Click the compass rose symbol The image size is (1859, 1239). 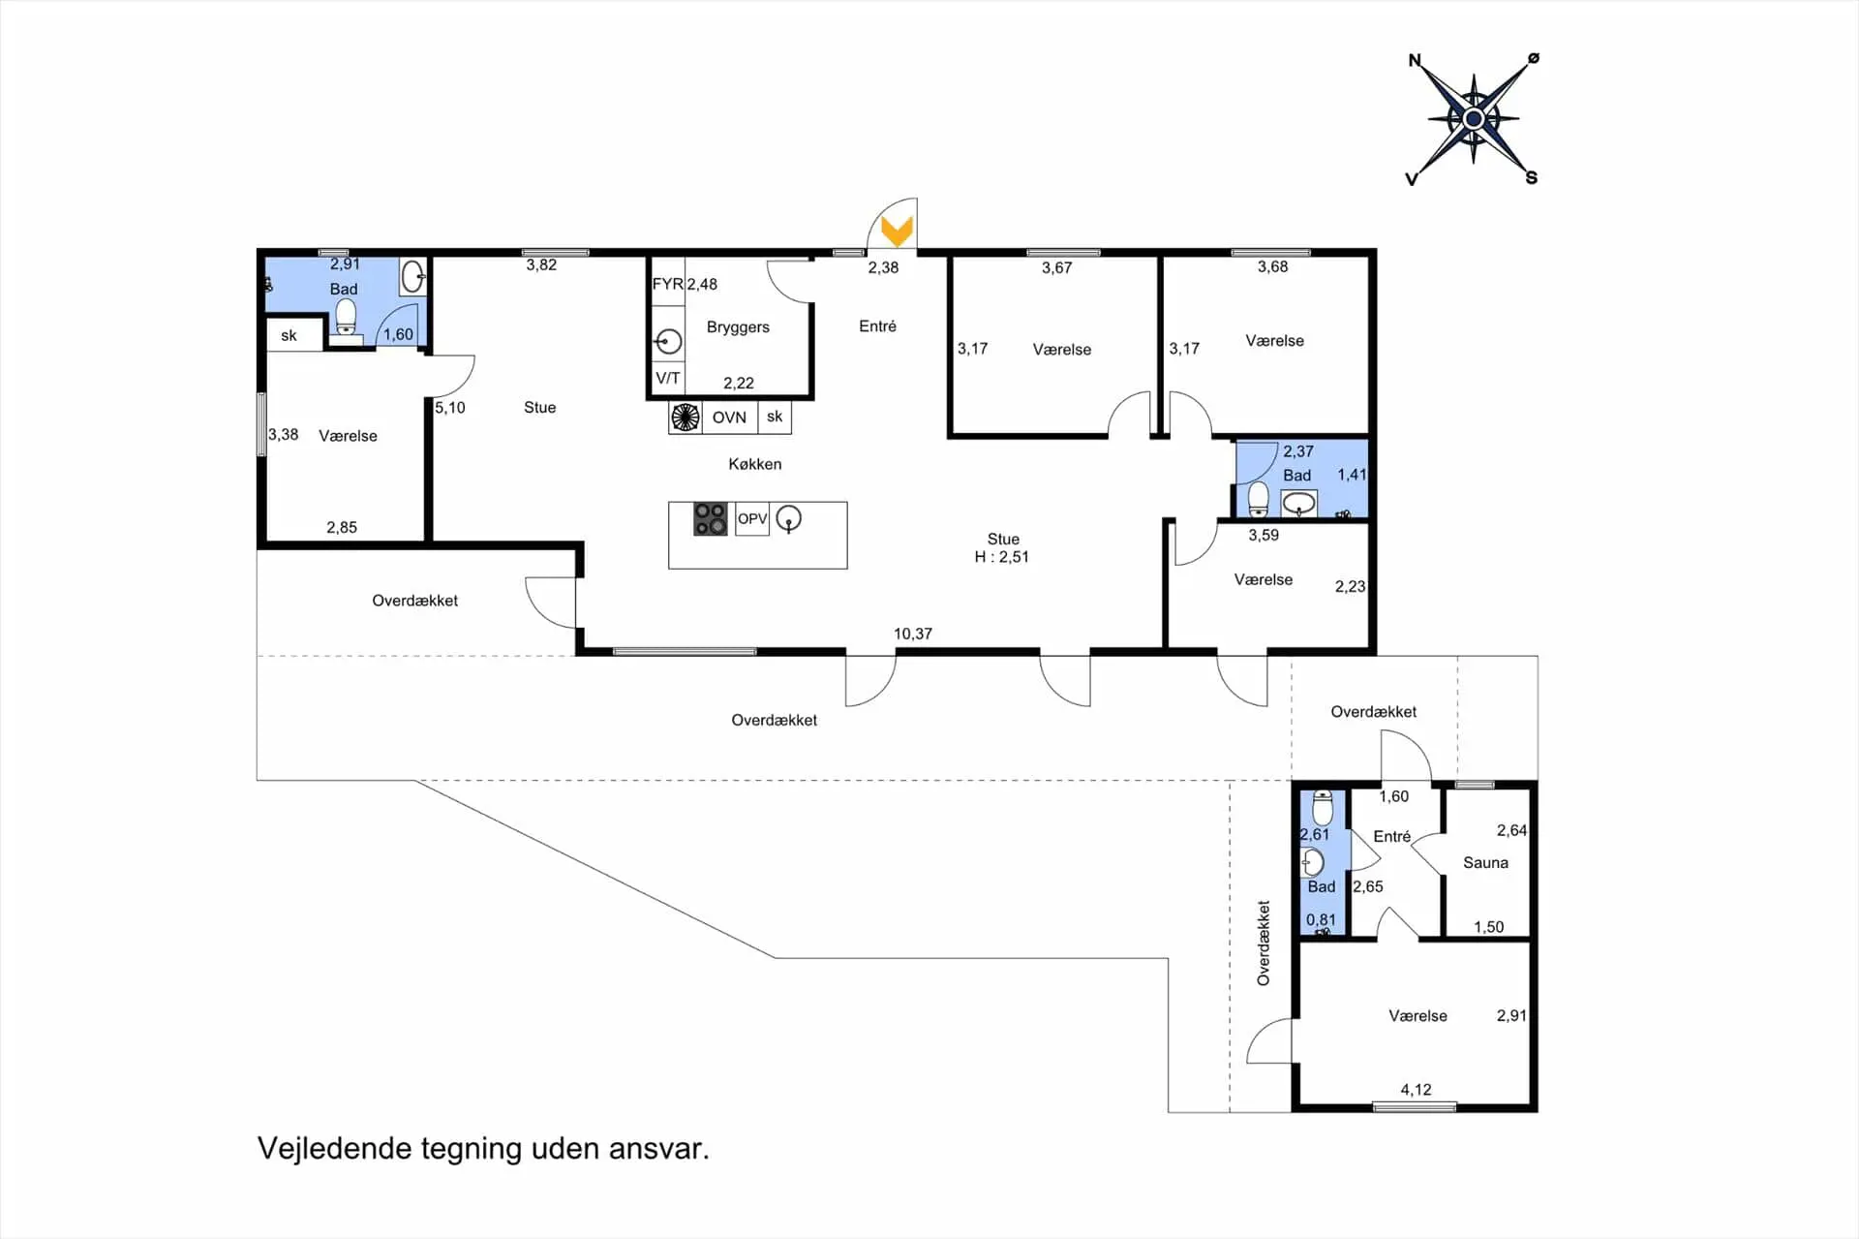pyautogui.click(x=1474, y=119)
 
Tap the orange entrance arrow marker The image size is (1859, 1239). pyautogui.click(x=898, y=231)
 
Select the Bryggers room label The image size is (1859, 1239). pyautogui.click(x=738, y=327)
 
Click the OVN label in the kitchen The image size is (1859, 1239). pyautogui.click(x=729, y=418)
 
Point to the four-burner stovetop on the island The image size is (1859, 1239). pyautogui.click(x=710, y=519)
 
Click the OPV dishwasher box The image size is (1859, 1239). pyautogui.click(x=752, y=519)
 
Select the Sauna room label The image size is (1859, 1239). pyautogui.click(x=1485, y=862)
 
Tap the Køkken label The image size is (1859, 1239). pyautogui.click(x=755, y=464)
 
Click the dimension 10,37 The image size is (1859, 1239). pyautogui.click(x=913, y=634)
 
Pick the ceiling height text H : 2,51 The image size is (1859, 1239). pyautogui.click(x=1001, y=557)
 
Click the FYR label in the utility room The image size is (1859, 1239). pyautogui.click(x=667, y=284)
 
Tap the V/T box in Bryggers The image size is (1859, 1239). pyautogui.click(x=667, y=378)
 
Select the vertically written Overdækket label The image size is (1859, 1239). pyautogui.click(x=1264, y=944)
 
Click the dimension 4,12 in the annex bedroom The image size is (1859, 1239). pyautogui.click(x=1416, y=1090)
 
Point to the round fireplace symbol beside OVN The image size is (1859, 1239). pyautogui.click(x=686, y=417)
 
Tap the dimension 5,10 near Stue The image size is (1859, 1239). pyautogui.click(x=450, y=408)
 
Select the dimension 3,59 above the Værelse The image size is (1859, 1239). pyautogui.click(x=1264, y=535)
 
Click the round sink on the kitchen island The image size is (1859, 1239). pyautogui.click(x=789, y=519)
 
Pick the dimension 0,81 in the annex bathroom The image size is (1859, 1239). pyautogui.click(x=1321, y=919)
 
